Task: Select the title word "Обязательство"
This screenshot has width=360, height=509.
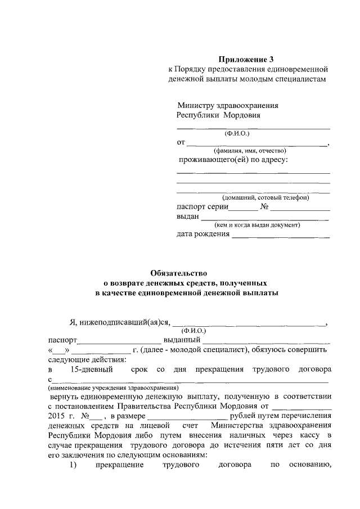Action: click(x=179, y=273)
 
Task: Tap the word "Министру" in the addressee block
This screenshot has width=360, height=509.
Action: click(x=197, y=105)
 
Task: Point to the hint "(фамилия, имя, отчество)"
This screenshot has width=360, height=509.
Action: click(x=249, y=151)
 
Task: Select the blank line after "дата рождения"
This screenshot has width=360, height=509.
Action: click(x=281, y=235)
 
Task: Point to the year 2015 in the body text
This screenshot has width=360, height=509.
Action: click(x=57, y=416)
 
